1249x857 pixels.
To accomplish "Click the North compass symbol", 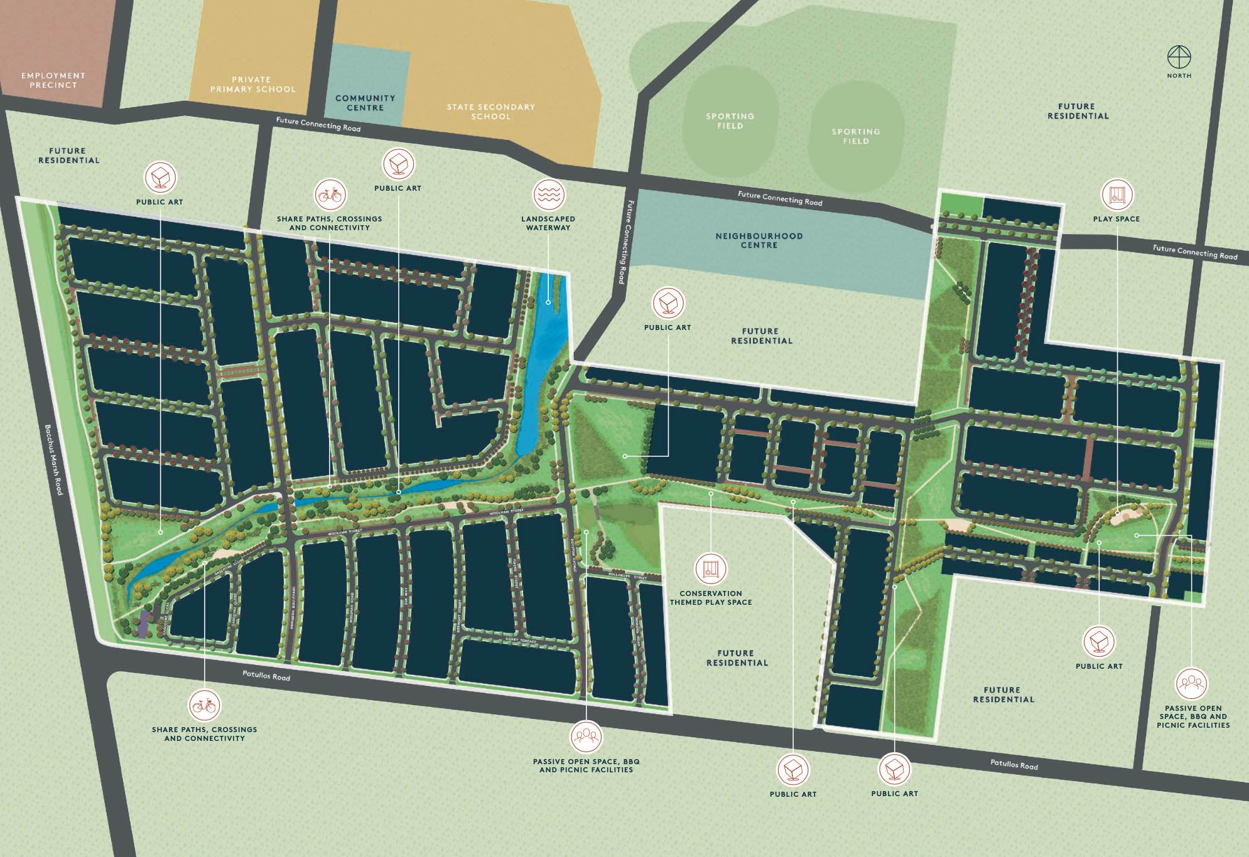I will click(x=1179, y=57).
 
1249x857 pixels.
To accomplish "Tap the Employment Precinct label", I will click(x=53, y=80).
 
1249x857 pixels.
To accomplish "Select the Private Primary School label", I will click(x=252, y=85).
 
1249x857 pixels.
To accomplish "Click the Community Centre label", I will click(x=365, y=103).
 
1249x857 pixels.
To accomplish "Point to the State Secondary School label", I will click(x=491, y=112).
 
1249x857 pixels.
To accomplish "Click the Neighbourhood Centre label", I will click(x=759, y=240).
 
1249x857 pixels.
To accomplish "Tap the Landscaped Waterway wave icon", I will click(x=549, y=194).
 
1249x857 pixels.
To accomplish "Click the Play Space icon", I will click(x=1117, y=194).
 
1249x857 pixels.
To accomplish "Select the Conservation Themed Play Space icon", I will click(x=710, y=569).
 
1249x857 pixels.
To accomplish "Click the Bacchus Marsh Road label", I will click(x=54, y=460).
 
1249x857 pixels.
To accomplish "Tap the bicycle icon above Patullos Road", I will click(x=204, y=706).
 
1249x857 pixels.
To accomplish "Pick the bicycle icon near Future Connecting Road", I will click(x=330, y=195).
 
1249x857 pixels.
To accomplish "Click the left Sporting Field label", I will click(x=730, y=121).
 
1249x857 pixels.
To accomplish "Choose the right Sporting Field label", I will click(x=856, y=136).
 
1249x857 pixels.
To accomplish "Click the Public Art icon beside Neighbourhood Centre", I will click(x=668, y=304).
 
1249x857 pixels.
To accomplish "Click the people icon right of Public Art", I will click(x=1191, y=683).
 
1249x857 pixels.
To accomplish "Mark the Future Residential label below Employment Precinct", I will click(x=68, y=156).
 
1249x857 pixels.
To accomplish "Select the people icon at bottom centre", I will click(x=586, y=736).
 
